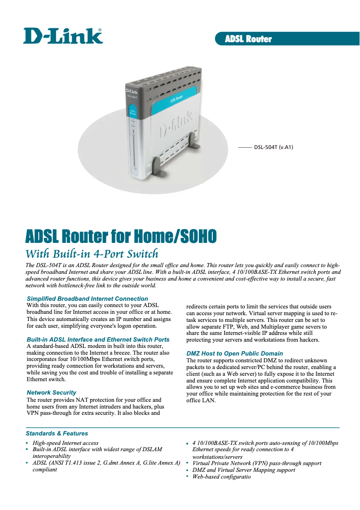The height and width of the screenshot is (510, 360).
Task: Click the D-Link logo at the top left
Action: click(63, 36)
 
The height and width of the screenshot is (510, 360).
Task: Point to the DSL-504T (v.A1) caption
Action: click(273, 147)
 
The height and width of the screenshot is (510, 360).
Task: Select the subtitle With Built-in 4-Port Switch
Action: click(92, 252)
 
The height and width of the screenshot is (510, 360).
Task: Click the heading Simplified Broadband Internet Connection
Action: click(87, 299)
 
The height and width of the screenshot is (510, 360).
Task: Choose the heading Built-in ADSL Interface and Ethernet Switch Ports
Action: click(98, 339)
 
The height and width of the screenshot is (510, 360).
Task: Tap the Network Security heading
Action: click(51, 392)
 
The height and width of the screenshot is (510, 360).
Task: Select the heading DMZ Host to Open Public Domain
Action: click(234, 353)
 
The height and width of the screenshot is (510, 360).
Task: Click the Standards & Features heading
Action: click(57, 433)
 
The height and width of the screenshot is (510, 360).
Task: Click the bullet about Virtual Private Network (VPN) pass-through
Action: click(256, 463)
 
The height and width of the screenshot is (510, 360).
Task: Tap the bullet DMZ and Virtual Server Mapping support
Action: click(243, 470)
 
